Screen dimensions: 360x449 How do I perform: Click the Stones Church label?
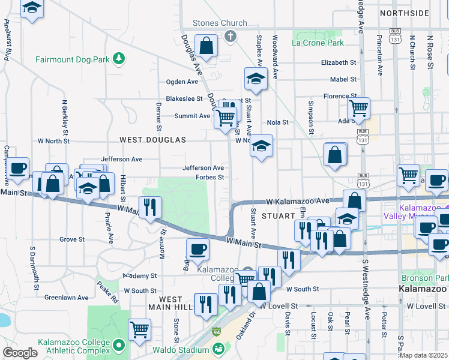coord(220,23)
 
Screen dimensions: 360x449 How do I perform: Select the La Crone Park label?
coord(318,43)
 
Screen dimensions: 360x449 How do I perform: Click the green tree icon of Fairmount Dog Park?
coord(120,58)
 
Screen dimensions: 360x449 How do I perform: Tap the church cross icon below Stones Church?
coord(229,37)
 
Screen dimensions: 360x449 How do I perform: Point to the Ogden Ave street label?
coord(182,82)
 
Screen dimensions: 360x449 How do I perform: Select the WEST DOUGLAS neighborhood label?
coord(152,140)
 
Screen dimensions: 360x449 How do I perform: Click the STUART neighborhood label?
coord(279,215)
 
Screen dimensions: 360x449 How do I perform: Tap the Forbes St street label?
coord(209,177)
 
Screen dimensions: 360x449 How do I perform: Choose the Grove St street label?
coord(72,239)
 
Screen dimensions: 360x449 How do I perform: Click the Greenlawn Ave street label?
coord(67,297)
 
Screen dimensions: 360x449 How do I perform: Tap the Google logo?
coord(20,353)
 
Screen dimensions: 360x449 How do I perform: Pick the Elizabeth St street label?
coord(339,62)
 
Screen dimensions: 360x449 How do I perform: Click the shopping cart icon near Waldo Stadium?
coord(139,329)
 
